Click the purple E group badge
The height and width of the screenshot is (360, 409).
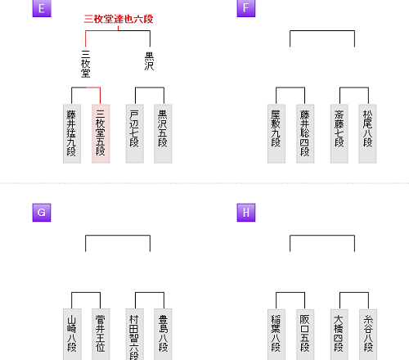point(42,8)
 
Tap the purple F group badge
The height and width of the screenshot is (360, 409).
point(246,8)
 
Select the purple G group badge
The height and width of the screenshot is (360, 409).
point(42,213)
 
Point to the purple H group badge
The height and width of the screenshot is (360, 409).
point(246,213)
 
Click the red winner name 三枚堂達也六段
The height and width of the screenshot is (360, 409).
point(119,19)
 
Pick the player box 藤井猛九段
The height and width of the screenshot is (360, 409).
point(72,133)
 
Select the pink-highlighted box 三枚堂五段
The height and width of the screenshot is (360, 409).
point(101,133)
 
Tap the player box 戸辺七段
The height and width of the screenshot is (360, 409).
point(135,133)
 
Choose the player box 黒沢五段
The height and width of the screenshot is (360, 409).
point(163,133)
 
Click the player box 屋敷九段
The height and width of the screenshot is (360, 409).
point(276,133)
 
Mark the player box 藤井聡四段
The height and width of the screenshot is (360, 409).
point(305,133)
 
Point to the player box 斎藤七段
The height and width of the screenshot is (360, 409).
point(339,133)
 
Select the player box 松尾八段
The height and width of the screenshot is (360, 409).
point(367,133)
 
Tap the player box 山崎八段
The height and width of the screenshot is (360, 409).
point(72,335)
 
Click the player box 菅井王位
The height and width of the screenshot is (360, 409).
point(101,335)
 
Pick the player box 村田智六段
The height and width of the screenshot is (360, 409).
point(135,335)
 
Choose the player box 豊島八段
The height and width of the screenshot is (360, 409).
point(163,335)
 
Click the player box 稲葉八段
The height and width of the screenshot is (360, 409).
point(276,335)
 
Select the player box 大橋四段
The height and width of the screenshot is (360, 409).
point(339,335)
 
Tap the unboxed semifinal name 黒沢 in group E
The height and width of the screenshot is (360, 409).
point(150,61)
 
